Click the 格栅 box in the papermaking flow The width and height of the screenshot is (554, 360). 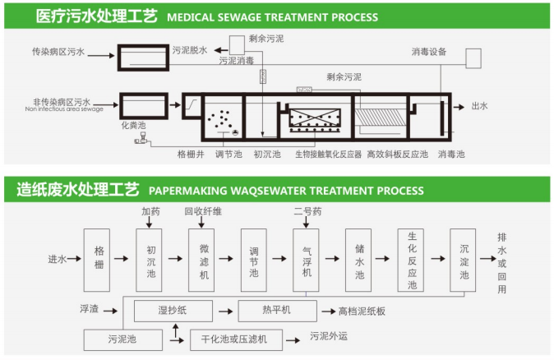coord(97,260)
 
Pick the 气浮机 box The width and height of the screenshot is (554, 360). coord(306,260)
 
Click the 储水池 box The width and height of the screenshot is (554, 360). coord(358,260)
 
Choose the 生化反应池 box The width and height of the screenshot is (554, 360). coord(411,260)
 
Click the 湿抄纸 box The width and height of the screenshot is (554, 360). coord(174,312)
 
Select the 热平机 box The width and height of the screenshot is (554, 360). coord(276,312)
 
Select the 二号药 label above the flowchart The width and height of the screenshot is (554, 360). coord(307,210)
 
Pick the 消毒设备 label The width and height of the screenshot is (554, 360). coord(428,51)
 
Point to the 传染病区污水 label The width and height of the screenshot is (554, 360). coord(57,51)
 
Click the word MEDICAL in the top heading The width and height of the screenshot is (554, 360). coord(193,16)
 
